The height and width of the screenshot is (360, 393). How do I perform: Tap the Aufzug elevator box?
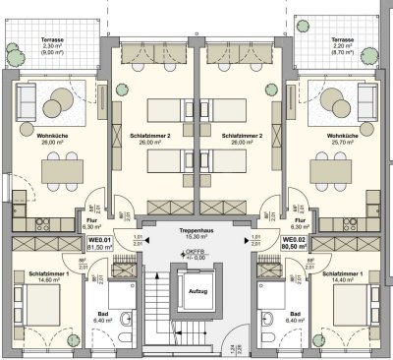[196, 292]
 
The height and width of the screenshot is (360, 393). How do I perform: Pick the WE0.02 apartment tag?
[294, 242]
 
